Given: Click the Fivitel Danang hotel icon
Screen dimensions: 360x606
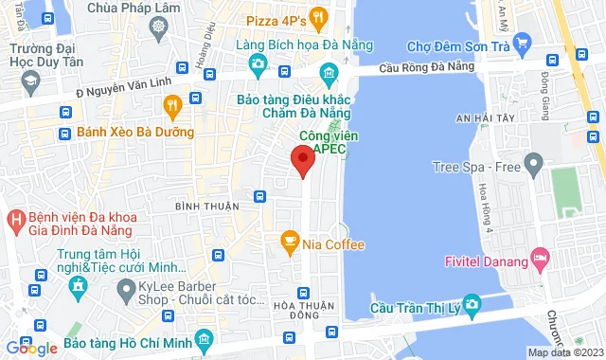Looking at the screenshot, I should coord(541,258).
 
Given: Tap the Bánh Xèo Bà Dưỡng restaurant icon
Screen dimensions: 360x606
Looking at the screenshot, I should coord(172,104).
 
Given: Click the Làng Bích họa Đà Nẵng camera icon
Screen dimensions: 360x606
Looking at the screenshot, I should coord(257,64).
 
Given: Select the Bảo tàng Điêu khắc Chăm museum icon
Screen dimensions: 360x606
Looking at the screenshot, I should coord(329,74).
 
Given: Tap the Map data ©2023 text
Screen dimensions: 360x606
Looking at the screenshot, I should coord(564,352).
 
